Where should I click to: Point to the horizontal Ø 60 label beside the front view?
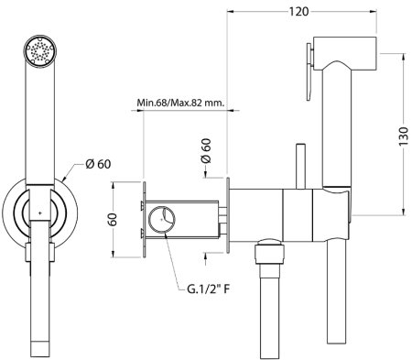click(98, 165)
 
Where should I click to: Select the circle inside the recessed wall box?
click(166, 219)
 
